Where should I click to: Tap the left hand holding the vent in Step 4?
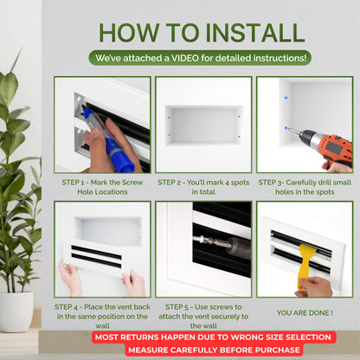click(x=69, y=277)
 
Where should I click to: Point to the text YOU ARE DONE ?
click(x=305, y=312)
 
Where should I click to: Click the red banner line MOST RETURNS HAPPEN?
click(x=212, y=337)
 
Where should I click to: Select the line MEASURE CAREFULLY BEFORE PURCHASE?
click(x=212, y=350)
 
